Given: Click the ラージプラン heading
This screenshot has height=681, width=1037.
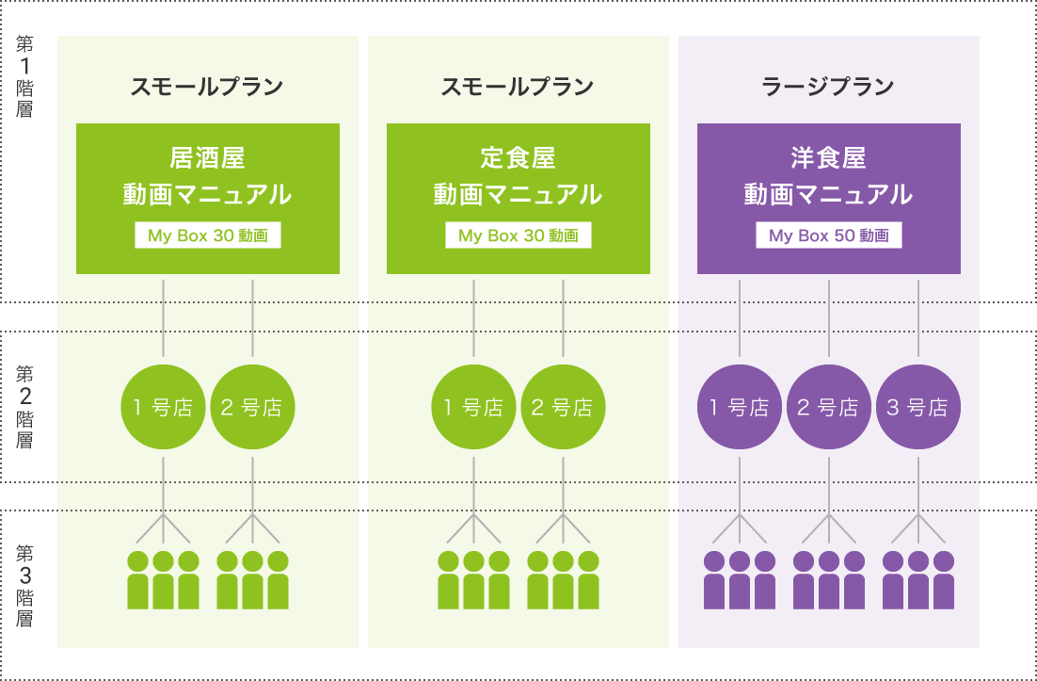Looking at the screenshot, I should pyautogui.click(x=828, y=88).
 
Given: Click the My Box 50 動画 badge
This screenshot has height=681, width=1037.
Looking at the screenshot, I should pyautogui.click(x=828, y=235).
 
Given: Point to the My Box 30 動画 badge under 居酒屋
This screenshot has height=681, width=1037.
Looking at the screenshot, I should pyautogui.click(x=207, y=235).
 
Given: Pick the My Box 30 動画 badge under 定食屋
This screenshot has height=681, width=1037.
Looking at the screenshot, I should pyautogui.click(x=518, y=235).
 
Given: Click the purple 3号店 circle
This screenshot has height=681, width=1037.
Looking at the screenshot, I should pyautogui.click(x=917, y=408).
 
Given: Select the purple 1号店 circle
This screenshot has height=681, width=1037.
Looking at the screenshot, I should pyautogui.click(x=740, y=408).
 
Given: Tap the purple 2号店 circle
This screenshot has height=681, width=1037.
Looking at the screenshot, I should pyautogui.click(x=829, y=408).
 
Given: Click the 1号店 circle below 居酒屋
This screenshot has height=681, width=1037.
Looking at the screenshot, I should pyautogui.click(x=165, y=408).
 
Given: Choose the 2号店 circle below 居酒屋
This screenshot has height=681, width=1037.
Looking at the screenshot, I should pyautogui.click(x=253, y=408).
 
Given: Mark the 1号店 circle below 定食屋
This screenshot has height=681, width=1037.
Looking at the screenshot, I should pyautogui.click(x=474, y=408).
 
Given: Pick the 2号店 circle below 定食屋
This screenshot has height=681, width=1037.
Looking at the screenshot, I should pyautogui.click(x=563, y=408).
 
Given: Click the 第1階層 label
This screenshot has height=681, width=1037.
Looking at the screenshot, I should pyautogui.click(x=25, y=76).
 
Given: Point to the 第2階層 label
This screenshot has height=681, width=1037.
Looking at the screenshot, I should pyautogui.click(x=25, y=406).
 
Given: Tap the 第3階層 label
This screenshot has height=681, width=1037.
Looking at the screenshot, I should pyautogui.click(x=25, y=585).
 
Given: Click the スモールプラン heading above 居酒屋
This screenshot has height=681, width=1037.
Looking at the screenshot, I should pyautogui.click(x=207, y=88).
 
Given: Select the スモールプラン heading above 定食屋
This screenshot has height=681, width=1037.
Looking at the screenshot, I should pyautogui.click(x=518, y=88).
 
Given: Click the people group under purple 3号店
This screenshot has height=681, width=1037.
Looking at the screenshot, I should pyautogui.click(x=917, y=580).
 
